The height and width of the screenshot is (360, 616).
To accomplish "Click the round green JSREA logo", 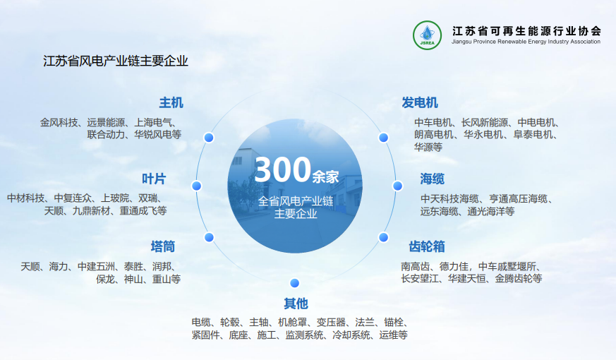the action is click(x=427, y=35).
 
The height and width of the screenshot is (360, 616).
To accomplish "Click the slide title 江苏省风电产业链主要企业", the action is click(x=116, y=61).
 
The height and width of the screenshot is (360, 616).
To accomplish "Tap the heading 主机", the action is click(x=171, y=102).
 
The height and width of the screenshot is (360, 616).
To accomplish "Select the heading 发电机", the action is click(x=420, y=102).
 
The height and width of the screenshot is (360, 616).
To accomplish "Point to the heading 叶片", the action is click(x=154, y=179).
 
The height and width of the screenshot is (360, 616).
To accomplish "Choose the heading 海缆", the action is click(x=432, y=179).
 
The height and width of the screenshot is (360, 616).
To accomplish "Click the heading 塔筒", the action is click(x=162, y=246).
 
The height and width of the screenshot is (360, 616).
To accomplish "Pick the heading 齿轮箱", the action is click(x=427, y=246).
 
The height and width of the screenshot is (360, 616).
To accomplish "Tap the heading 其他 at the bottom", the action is click(x=296, y=304).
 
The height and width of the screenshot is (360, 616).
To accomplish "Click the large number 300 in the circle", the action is click(x=283, y=169).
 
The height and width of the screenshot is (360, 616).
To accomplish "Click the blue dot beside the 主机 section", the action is click(x=209, y=138).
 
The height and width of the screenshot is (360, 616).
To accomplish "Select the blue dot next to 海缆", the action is click(x=397, y=186).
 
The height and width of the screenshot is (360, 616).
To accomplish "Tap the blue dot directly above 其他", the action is click(x=295, y=283).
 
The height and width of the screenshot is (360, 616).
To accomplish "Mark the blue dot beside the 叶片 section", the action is click(x=196, y=186).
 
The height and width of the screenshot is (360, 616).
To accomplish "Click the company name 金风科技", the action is click(x=59, y=123).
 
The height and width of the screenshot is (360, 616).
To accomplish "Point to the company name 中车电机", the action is click(x=433, y=123).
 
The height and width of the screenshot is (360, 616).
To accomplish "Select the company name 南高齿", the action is click(x=415, y=266).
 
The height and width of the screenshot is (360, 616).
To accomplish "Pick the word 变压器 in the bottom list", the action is click(x=331, y=323).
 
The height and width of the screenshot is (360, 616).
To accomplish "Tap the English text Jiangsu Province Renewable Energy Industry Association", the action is click(x=526, y=42).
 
